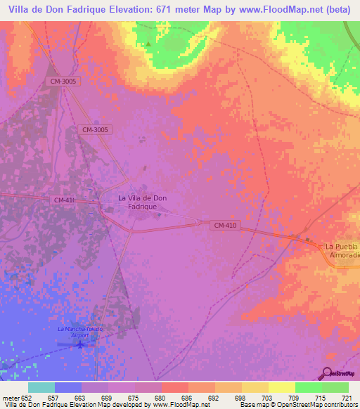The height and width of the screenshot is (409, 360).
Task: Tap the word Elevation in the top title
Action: (x=124, y=10)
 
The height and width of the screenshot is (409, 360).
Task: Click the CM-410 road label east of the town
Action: (x=224, y=225)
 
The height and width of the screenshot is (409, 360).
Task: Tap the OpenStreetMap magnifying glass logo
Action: (x=326, y=372)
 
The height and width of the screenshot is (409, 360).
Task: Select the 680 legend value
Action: (x=161, y=397)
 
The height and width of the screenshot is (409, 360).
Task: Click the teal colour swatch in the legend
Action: (x=41, y=387)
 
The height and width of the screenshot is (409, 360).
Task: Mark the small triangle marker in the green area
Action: (x=148, y=46)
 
